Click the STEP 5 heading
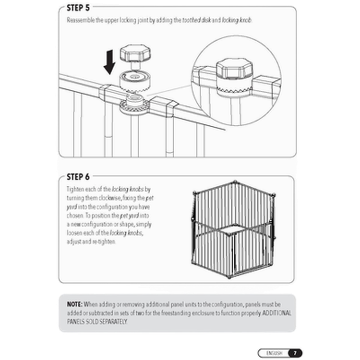pos(78,8)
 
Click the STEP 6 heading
pos(78,177)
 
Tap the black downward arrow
pos(109,62)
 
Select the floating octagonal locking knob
pos(135,55)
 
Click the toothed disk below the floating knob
pos(135,82)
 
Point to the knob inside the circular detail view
pos(234,69)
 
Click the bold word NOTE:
pos(74,304)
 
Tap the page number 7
pos(295,353)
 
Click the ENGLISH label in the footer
pos(274,353)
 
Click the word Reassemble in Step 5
pos(81,20)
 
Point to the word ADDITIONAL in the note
pos(276,313)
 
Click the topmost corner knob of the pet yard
pos(235,182)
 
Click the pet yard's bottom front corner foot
pos(229,277)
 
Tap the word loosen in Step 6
pos(74,233)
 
